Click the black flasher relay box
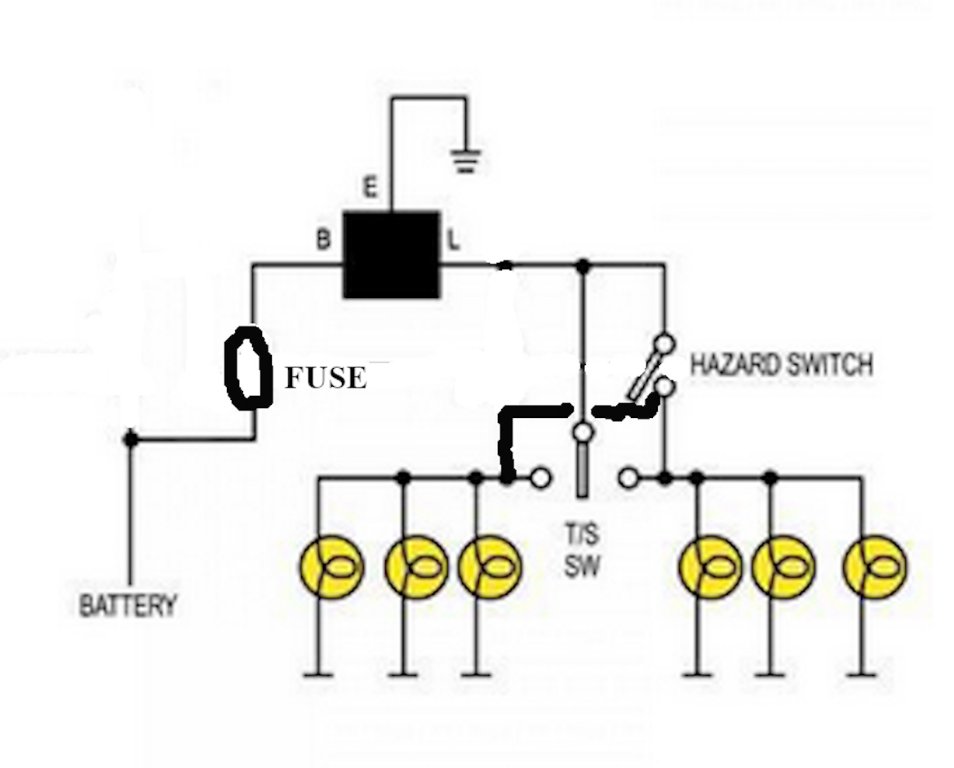[x=391, y=255]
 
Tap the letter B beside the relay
[x=323, y=240]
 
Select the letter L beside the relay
[x=453, y=241]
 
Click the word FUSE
[x=326, y=378]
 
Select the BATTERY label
[x=128, y=605]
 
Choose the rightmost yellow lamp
[x=875, y=567]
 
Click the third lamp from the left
[x=490, y=567]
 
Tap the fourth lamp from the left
[x=709, y=567]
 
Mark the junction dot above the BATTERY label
[x=130, y=438]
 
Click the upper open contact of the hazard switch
[x=662, y=345]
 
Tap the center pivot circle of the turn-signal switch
[x=581, y=433]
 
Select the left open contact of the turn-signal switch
[x=541, y=478]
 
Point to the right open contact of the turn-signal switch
[x=627, y=478]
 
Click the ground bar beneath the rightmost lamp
[x=861, y=676]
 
